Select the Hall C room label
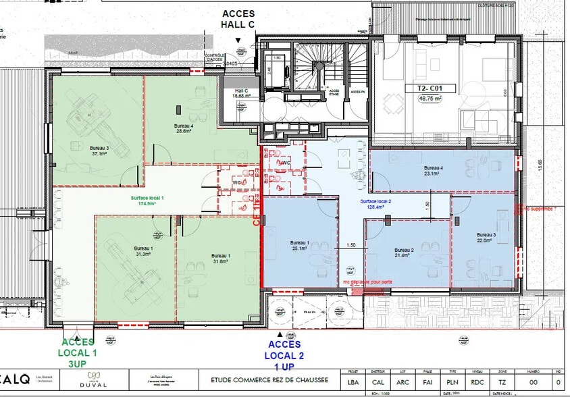pyautogui.click(x=242, y=93)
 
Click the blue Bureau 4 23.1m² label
pyautogui.click(x=433, y=170)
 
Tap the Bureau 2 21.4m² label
pyautogui.click(x=403, y=253)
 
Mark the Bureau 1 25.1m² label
pyautogui.click(x=299, y=245)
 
